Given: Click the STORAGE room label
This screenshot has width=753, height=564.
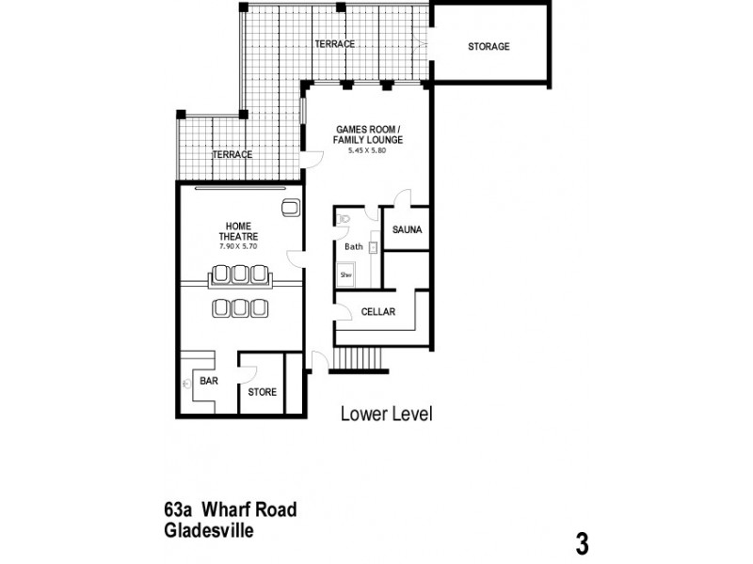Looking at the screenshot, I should [x=489, y=46].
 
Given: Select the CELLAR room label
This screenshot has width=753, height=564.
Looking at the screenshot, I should [x=378, y=312].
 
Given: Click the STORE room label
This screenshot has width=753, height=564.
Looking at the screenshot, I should [x=263, y=392].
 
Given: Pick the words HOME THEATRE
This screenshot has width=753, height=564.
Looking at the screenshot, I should [x=238, y=231].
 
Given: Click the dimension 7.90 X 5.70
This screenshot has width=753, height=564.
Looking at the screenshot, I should [x=238, y=246].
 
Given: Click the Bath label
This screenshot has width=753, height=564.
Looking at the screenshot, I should [x=353, y=247].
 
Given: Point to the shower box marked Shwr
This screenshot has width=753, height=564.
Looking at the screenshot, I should [x=346, y=274].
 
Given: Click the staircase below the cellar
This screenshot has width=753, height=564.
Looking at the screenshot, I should [x=359, y=358].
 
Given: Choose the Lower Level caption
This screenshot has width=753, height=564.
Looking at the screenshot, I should [x=386, y=414].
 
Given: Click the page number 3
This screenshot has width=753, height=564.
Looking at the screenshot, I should [x=582, y=542].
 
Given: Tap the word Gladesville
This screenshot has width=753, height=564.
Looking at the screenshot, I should [x=208, y=529].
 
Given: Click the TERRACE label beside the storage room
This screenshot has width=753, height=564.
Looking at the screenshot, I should [x=334, y=44].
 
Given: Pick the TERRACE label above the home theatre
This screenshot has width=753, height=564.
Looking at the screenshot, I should [x=232, y=154].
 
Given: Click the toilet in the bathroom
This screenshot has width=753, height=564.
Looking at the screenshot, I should [x=344, y=219].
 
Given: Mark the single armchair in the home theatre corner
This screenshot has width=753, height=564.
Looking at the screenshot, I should [x=289, y=208].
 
